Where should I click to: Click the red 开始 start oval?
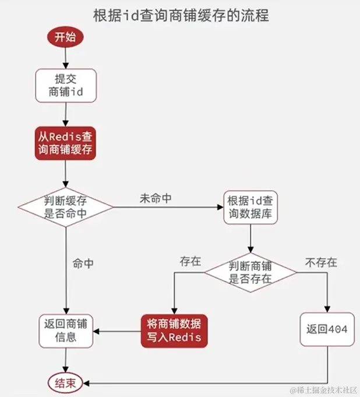[65, 37]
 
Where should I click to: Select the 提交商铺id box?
[65, 86]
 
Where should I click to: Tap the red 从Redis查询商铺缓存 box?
[65, 142]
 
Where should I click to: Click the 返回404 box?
[327, 330]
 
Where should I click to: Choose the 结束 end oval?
[64, 383]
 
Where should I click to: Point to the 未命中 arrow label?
[155, 198]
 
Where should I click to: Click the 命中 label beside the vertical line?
[83, 264]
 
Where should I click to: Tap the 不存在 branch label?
[320, 263]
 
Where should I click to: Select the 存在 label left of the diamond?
[190, 261]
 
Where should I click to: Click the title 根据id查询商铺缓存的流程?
[181, 15]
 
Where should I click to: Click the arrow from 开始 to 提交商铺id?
[65, 58]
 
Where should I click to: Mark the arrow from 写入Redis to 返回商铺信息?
[117, 332]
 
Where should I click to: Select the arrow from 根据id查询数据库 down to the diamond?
[250, 239]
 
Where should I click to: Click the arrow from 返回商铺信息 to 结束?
[65, 361]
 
